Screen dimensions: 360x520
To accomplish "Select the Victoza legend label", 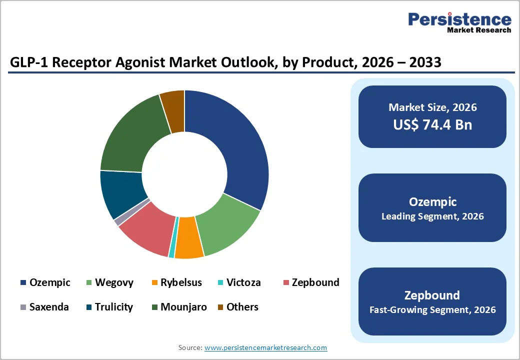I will (243, 282).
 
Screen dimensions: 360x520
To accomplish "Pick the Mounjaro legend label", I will (183, 306).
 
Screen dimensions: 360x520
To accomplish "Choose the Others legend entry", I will (242, 306).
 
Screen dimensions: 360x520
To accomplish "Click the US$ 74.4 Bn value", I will (432, 124).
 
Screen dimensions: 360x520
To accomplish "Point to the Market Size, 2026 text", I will (432, 107).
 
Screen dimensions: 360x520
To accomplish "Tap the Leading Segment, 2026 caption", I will (432, 216).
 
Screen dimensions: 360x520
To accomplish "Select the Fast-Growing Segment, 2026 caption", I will (432, 310).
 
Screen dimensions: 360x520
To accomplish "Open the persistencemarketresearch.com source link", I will (265, 347).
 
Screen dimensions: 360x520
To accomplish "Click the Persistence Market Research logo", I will (459, 22).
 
